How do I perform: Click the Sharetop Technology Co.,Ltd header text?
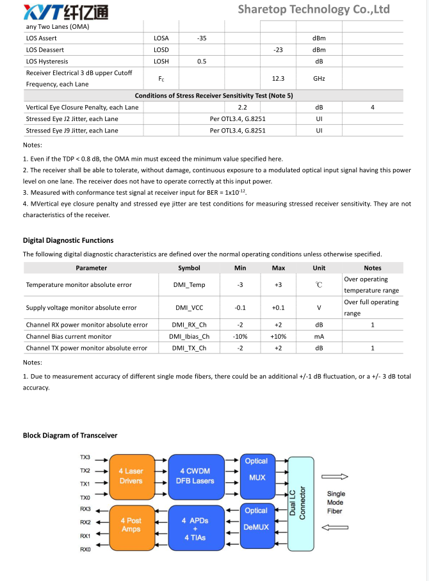point(314,9)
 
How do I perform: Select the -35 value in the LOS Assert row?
point(202,38)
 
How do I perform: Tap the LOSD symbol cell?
point(161,50)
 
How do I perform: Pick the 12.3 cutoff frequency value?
point(278,79)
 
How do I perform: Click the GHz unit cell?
point(319,79)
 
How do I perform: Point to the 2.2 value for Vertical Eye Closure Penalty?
point(243,108)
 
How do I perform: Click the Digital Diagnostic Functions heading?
point(69,240)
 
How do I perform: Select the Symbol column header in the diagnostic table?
point(189,268)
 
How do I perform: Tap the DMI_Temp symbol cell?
point(189,285)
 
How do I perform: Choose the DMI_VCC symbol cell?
point(189,308)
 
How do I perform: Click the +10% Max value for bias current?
point(279,336)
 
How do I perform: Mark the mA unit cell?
point(319,336)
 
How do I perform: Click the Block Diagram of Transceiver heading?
point(70,436)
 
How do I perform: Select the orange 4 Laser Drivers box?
point(131,476)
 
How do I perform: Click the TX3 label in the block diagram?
point(85,458)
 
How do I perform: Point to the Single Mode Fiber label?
point(336,502)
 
